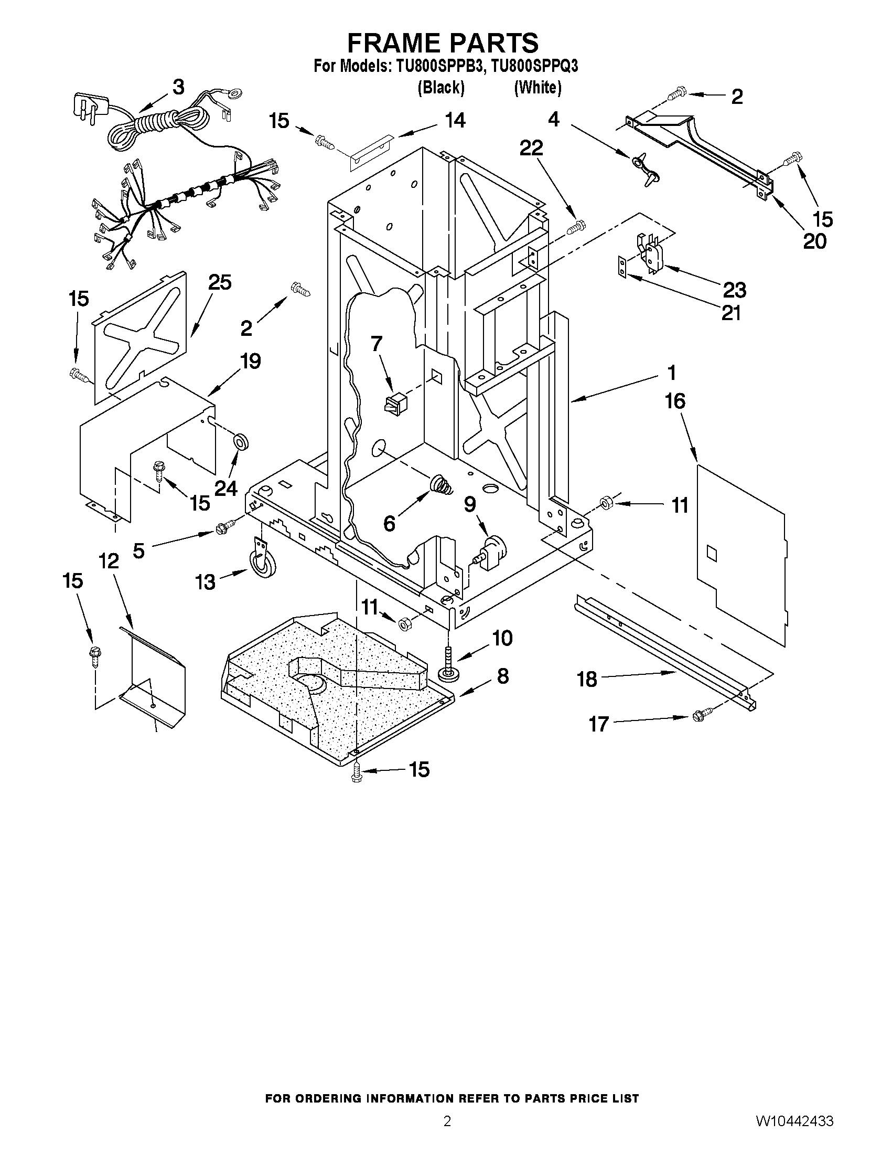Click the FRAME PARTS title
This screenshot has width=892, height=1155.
click(443, 43)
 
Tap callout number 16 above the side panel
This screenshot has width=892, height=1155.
click(675, 401)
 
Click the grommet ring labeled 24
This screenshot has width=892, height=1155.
click(241, 441)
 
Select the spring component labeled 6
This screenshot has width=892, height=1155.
click(440, 484)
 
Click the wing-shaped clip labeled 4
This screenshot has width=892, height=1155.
click(640, 168)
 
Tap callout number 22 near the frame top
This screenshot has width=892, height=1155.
click(531, 149)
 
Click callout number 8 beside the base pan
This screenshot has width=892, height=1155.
click(502, 676)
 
